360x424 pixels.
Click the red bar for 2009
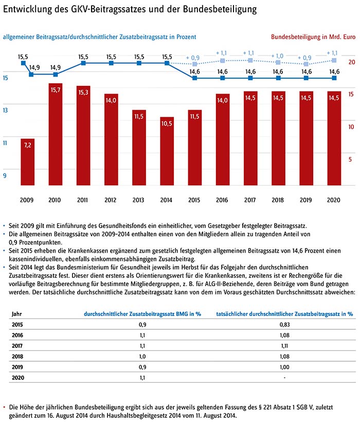tap(28, 162)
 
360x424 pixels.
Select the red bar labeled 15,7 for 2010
tap(56, 134)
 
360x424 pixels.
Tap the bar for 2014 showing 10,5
tap(167, 151)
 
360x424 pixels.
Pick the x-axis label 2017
tap(250, 200)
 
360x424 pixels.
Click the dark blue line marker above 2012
tap(111, 63)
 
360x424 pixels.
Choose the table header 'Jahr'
tap(17, 313)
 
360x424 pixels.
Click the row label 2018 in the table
tap(18, 357)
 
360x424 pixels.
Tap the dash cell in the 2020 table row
tap(284, 378)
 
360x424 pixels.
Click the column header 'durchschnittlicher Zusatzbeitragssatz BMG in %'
tap(142, 313)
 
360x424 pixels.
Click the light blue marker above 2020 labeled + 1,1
tap(334, 61)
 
